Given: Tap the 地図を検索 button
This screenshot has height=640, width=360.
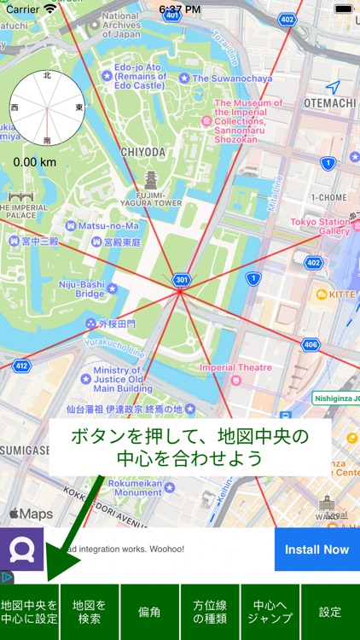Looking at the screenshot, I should pos(90,612).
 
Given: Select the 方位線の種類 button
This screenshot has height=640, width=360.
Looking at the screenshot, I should pos(210,612).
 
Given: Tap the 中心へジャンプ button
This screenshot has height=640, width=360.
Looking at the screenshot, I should pos(270,612).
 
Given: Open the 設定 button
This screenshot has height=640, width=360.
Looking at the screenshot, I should pos(330,612).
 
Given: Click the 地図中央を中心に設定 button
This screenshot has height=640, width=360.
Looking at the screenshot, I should pos(30,612).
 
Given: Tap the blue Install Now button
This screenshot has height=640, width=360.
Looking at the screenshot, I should pos(316,550).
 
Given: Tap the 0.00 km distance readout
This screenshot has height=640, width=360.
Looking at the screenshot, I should pos(35,161).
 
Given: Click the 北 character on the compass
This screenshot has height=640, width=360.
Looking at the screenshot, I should pos(47,76).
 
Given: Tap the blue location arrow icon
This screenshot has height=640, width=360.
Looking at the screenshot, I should pos(333,87).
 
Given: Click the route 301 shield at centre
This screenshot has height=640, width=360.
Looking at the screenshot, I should pos(180,279).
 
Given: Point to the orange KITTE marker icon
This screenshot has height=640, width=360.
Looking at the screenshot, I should pos(322,294).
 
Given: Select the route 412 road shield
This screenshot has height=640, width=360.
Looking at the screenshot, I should pos(21,366).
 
